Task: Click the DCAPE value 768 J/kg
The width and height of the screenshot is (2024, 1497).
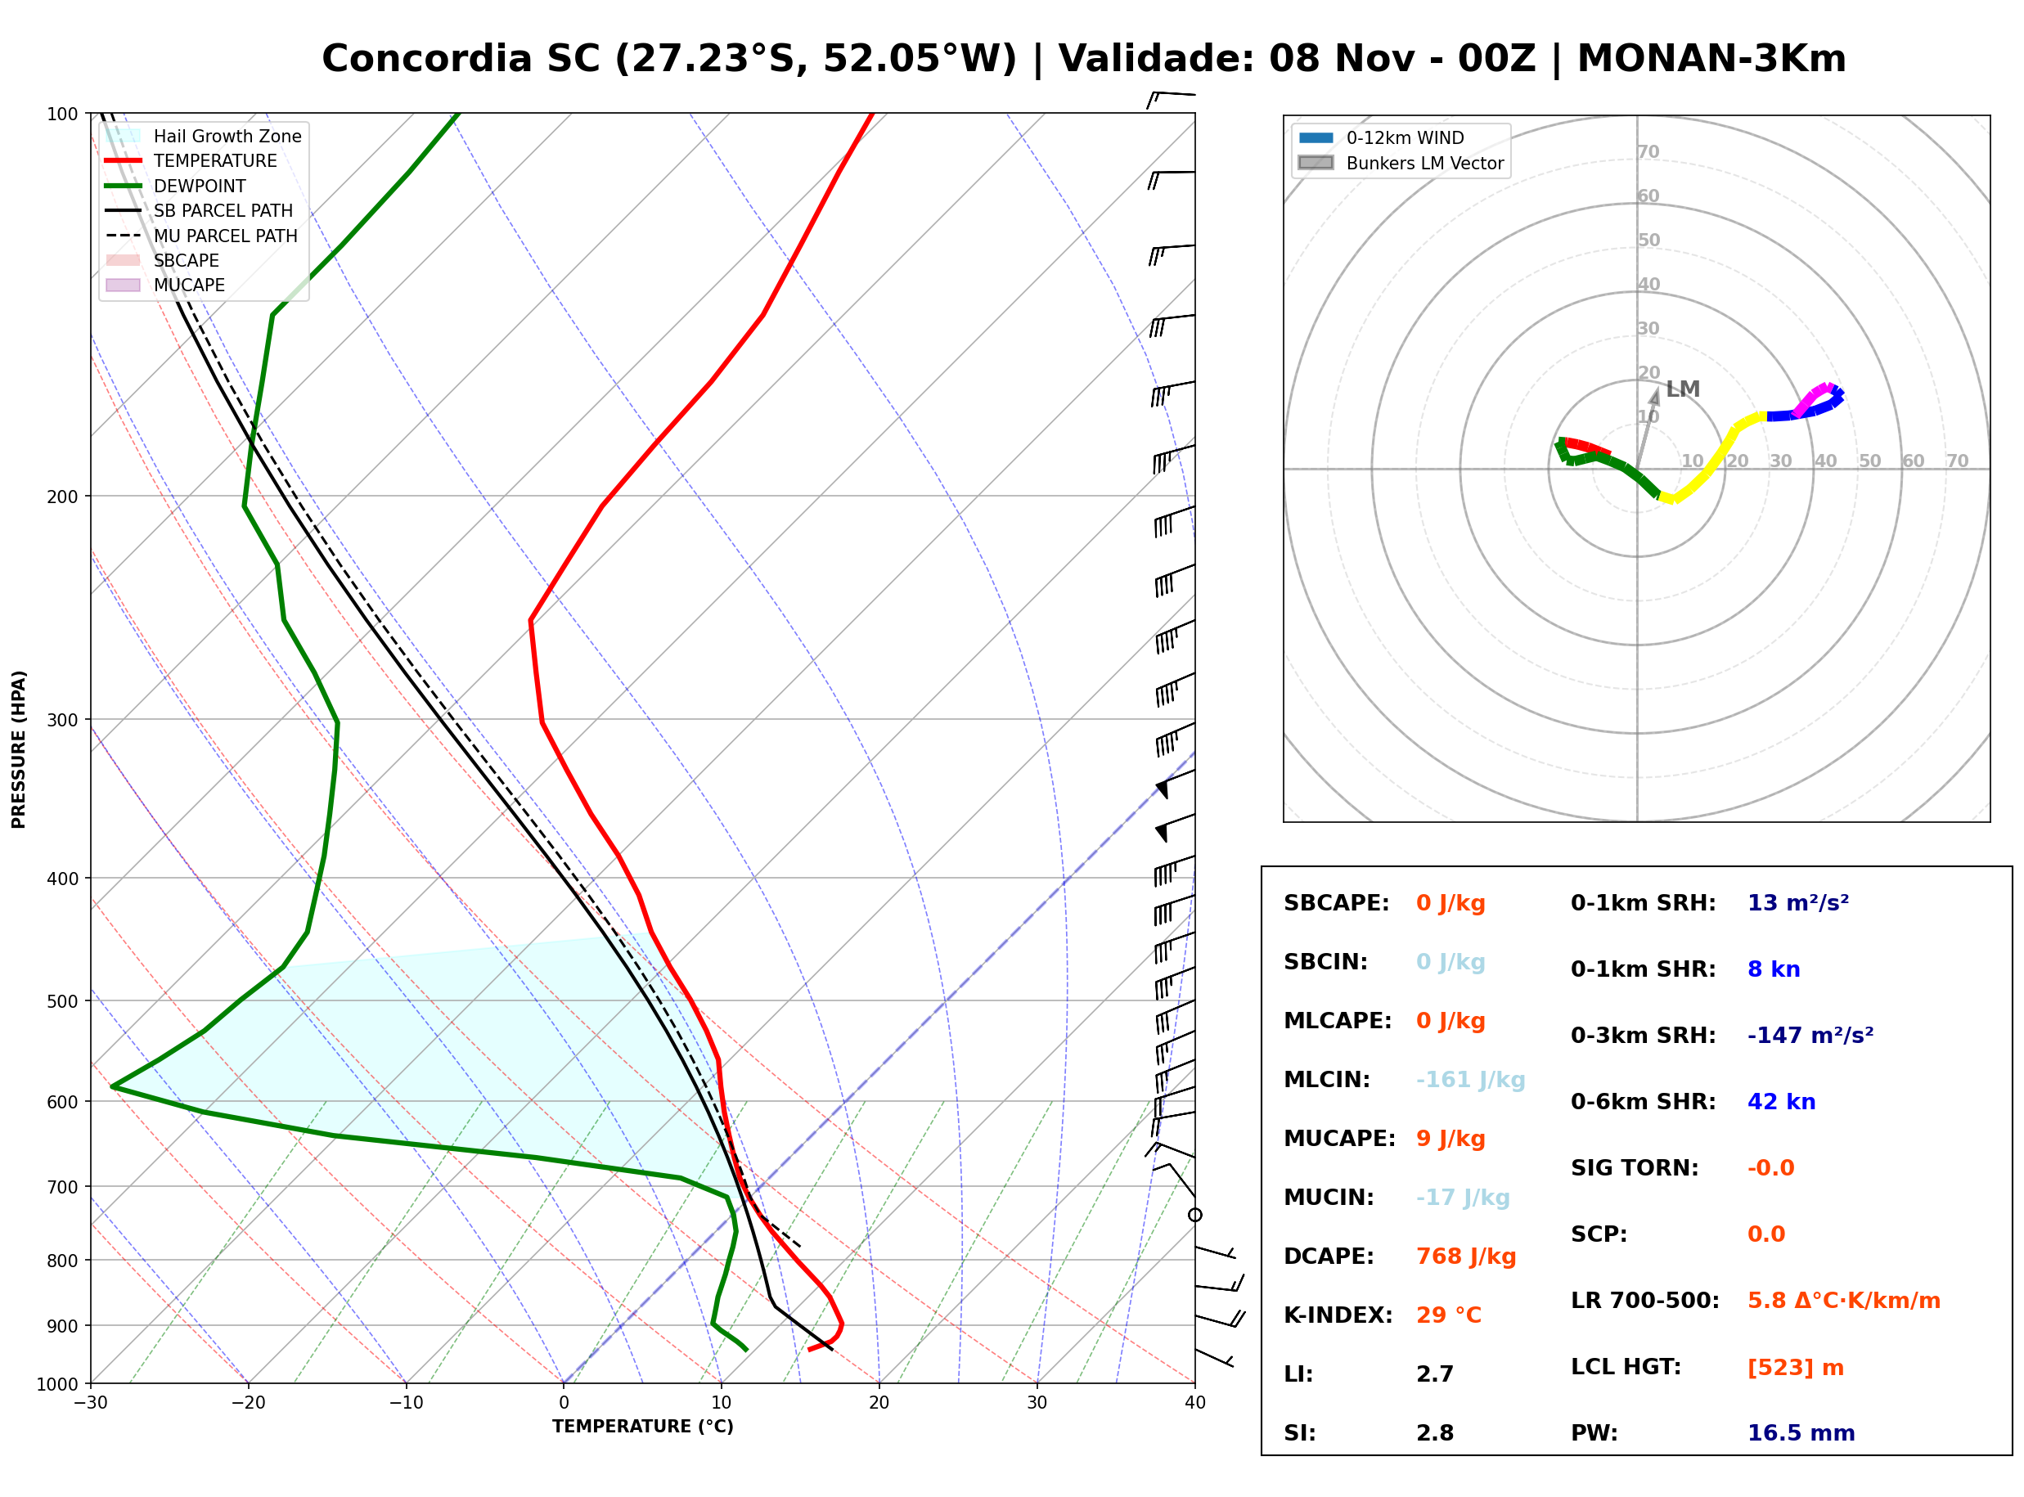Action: pos(1465,1256)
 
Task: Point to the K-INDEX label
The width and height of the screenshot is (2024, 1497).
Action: pos(1338,1315)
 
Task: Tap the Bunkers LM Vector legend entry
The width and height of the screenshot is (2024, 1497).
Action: pos(1401,163)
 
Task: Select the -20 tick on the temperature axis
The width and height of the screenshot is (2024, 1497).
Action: pos(248,1403)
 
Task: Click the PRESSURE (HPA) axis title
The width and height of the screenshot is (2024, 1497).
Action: pos(19,748)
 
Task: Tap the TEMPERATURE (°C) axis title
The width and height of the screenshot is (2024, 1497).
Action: pos(642,1427)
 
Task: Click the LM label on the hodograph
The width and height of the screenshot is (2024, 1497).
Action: pos(1682,389)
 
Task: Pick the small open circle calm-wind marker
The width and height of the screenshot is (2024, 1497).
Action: pos(1195,1214)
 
